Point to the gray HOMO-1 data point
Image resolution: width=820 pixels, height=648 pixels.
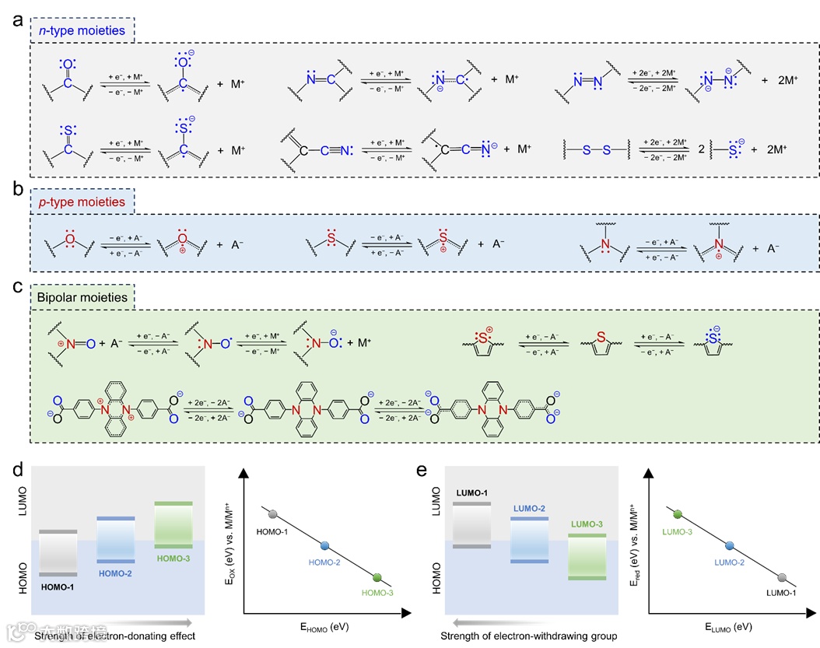(272, 514)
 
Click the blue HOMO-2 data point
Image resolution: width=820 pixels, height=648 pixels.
(325, 545)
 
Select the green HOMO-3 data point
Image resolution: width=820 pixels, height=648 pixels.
(377, 577)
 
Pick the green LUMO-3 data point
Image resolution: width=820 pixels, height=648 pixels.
(677, 514)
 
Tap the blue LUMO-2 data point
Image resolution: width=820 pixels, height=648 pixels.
(730, 545)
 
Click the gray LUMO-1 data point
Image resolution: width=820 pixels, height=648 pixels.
(782, 577)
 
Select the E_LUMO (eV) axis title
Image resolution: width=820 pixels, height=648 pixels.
(730, 626)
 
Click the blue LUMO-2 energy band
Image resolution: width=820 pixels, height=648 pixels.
(529, 539)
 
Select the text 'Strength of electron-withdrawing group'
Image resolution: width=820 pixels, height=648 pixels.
(529, 636)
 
